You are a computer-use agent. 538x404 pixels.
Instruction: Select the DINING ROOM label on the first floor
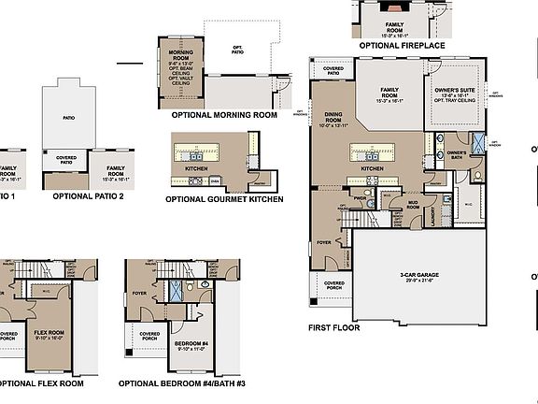tap(333, 118)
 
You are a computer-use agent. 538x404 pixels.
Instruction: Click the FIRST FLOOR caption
tap(334, 328)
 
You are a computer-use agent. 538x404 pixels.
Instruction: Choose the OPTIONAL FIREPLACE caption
tap(402, 45)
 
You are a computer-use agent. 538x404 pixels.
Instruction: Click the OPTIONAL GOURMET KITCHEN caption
tap(224, 199)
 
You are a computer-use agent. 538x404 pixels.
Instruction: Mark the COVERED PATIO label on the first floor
tap(333, 70)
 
